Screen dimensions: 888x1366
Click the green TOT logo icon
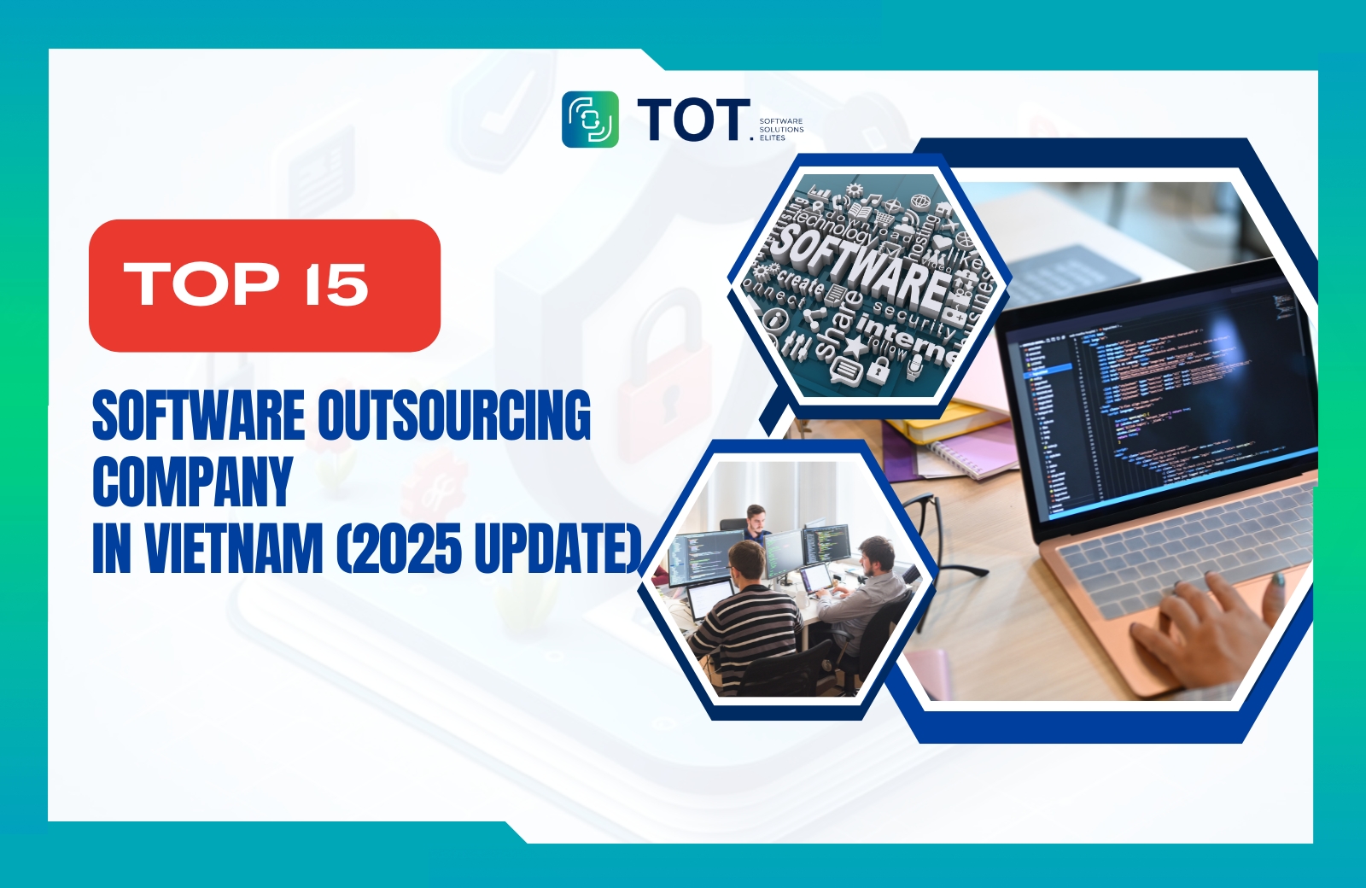click(590, 120)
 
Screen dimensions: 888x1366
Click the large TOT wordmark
click(692, 120)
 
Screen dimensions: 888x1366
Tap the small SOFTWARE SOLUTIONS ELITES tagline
click(780, 130)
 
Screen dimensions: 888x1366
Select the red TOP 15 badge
click(265, 285)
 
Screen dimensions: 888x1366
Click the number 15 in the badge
click(336, 284)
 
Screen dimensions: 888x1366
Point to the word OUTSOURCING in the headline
click(453, 416)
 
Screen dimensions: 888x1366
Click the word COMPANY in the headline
click(193, 482)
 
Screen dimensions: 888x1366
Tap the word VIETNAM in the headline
click(234, 548)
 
